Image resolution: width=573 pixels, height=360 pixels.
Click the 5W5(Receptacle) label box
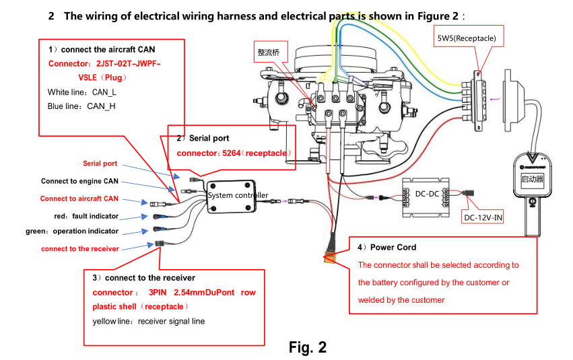tap(469, 36)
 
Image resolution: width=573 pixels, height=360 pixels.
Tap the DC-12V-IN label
tap(483, 217)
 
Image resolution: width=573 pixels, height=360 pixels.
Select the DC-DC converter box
tap(426, 198)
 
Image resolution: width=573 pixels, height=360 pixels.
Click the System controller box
tap(231, 196)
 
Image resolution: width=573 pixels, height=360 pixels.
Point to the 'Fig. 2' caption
tap(307, 347)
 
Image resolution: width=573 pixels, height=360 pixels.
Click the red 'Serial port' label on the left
tap(100, 164)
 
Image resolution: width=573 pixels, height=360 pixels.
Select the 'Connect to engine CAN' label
tap(79, 181)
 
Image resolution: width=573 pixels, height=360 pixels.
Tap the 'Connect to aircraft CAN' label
tap(79, 199)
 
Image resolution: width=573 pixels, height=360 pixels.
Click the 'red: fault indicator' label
tap(86, 216)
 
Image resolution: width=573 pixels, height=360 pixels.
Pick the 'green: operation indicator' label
tap(72, 231)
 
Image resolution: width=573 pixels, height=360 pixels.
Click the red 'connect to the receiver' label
tap(80, 249)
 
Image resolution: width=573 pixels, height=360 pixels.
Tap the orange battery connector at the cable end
tap(329, 258)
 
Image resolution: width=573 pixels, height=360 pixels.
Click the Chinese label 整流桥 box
tap(271, 52)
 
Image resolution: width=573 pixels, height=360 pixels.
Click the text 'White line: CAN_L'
tap(82, 92)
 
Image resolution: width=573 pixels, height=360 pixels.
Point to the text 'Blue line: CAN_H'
tap(81, 106)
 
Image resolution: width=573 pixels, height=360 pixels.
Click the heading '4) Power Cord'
tap(386, 247)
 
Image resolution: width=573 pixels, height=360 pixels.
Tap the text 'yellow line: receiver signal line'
tap(149, 321)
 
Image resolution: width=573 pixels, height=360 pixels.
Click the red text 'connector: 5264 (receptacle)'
tap(234, 153)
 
